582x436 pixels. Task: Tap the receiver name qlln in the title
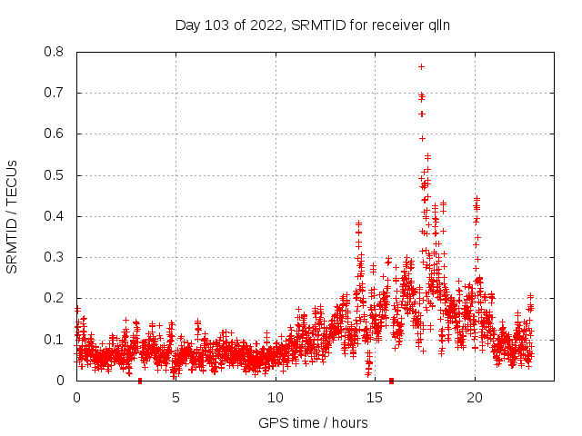(x=436, y=25)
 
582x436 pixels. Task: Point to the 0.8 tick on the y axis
(x=55, y=52)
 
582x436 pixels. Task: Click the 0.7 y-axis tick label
(x=55, y=93)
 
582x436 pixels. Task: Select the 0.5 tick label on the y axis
(x=55, y=174)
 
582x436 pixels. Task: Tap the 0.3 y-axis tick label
(x=55, y=257)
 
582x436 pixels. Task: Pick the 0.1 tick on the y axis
(x=55, y=339)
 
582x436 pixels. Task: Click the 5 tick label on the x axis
(x=176, y=398)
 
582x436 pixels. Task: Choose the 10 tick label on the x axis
(x=276, y=398)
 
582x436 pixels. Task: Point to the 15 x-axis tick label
(x=375, y=398)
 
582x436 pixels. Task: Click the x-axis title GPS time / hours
(x=313, y=422)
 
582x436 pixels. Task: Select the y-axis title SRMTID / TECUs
(x=13, y=216)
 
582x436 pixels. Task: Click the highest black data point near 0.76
(x=421, y=66)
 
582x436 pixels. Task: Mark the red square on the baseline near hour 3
(x=139, y=380)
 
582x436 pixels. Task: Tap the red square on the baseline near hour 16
(x=391, y=380)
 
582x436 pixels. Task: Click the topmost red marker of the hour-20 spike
(x=477, y=198)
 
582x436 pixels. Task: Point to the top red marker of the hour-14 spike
(x=358, y=223)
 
